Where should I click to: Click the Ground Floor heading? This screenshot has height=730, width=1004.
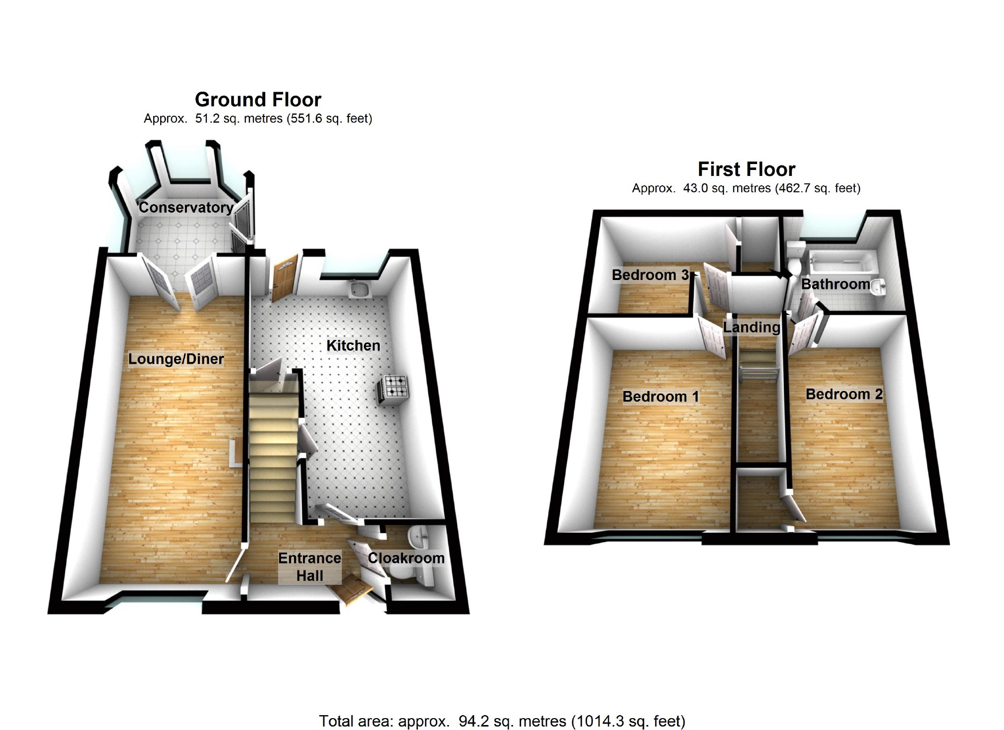pos(258,100)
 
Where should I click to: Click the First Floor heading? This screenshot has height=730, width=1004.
pos(746,169)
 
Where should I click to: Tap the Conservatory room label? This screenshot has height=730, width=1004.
pos(186,207)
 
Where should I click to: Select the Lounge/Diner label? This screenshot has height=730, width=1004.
pos(176,359)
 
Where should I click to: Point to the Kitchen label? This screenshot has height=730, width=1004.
pos(353,345)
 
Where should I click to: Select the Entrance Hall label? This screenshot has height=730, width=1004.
pos(309,567)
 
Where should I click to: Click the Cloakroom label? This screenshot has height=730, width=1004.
pos(406,558)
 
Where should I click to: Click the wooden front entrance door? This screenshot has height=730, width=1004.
pos(353,589)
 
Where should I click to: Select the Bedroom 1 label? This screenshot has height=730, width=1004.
pos(660,396)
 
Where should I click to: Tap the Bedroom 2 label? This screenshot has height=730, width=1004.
pos(844,394)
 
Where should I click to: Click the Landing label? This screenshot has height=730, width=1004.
pos(752,327)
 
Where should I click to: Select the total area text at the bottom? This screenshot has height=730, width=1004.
pos(502,721)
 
